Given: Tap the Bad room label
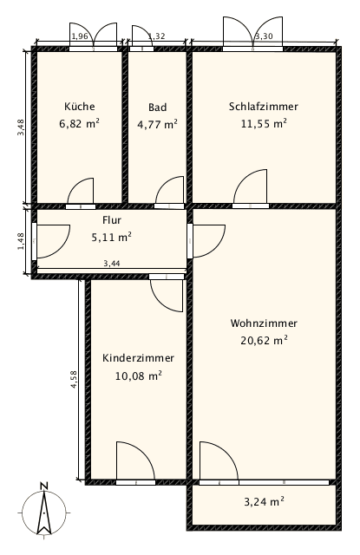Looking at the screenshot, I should tap(157, 108).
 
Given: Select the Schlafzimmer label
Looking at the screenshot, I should tap(264, 107).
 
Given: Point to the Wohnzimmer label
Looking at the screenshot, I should tap(265, 323).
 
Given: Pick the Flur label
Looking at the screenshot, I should tap(111, 220).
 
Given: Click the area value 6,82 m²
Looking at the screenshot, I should tap(79, 124).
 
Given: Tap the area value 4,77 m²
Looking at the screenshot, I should tap(157, 124).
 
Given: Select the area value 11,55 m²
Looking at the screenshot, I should tap(264, 124).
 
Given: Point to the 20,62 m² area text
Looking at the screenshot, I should tap(265, 341).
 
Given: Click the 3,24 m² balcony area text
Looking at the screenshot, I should tap(265, 501).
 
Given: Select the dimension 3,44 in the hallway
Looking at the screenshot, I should tap(111, 263).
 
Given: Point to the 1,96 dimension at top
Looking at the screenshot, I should tap(79, 36).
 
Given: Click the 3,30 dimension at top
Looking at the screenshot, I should tap(264, 36).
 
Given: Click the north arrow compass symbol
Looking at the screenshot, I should tap(43, 511).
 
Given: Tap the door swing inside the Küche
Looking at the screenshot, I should tap(82, 191).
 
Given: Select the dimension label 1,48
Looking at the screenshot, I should tap(21, 240).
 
